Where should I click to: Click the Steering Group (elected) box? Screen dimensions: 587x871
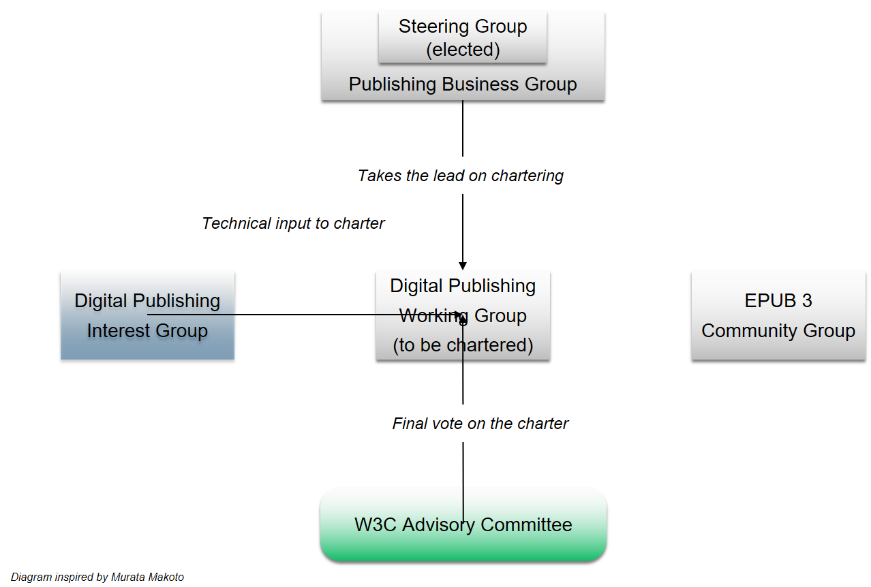(463, 38)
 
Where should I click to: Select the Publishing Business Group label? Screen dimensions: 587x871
(463, 84)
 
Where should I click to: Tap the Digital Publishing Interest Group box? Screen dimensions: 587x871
(147, 315)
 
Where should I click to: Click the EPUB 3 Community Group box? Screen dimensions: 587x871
(778, 315)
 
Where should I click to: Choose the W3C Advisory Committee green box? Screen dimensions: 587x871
(463, 525)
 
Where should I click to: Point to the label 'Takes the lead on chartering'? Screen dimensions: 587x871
(461, 176)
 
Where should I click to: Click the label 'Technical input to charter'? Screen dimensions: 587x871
(293, 223)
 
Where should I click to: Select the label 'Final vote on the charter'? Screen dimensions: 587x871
(480, 424)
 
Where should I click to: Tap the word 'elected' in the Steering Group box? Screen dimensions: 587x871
(463, 50)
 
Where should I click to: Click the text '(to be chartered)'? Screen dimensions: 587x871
(463, 345)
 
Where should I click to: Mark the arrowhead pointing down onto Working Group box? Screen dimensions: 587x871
(463, 266)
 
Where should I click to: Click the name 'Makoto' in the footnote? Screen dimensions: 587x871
(165, 577)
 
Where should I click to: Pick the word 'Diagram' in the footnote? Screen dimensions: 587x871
(31, 577)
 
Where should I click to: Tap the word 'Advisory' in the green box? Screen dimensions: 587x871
(438, 525)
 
